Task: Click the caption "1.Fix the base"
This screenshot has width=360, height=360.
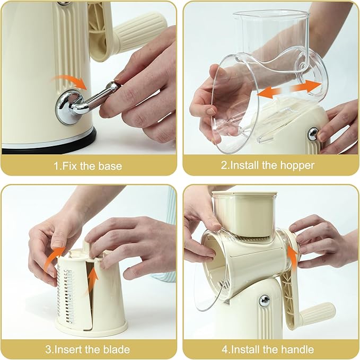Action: pos(88,166)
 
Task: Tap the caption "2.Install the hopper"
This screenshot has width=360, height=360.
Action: pos(268,166)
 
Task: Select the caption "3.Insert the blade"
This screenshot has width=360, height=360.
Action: pos(88,349)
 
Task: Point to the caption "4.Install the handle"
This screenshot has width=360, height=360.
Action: pos(268,349)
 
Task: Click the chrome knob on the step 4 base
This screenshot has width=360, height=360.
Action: pos(264,300)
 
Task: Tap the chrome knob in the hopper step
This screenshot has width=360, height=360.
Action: pos(313,134)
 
